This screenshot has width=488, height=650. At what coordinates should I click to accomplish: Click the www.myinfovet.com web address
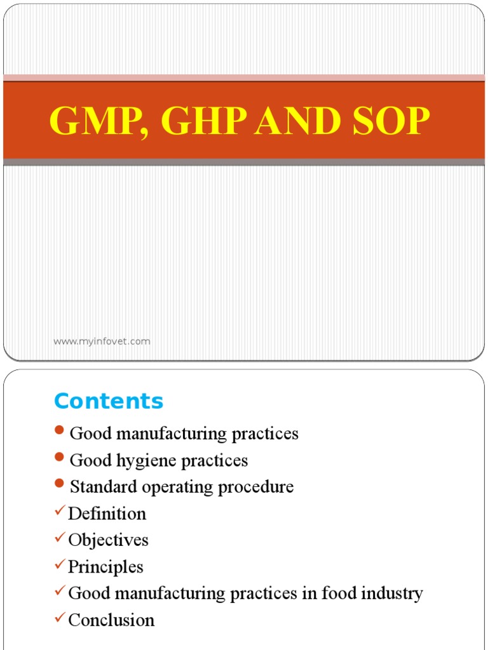(102, 342)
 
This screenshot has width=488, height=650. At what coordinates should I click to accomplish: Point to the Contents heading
(109, 401)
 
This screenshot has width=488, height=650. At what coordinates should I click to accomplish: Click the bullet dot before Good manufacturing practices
(60, 431)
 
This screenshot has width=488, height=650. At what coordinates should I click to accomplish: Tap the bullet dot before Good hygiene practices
(60, 458)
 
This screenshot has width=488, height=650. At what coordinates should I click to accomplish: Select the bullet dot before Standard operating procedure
(60, 484)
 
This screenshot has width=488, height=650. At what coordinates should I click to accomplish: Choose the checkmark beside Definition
(60, 510)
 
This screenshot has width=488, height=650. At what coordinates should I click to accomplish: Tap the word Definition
(107, 514)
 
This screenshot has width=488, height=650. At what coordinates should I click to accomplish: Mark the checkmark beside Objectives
(60, 537)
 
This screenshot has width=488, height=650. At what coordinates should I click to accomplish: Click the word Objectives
(108, 540)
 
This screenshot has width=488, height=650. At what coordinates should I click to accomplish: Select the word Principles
(105, 567)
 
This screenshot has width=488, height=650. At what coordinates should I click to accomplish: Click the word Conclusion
(111, 620)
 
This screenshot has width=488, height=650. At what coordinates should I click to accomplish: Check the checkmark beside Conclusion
(60, 617)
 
